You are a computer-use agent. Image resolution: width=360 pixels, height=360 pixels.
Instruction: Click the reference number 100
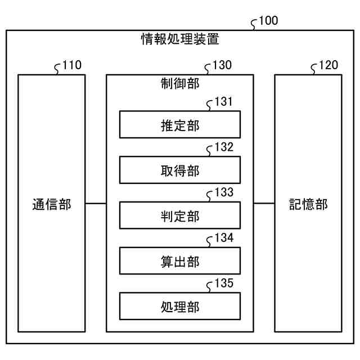click(x=268, y=21)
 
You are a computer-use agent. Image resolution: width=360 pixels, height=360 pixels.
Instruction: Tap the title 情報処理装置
click(x=179, y=39)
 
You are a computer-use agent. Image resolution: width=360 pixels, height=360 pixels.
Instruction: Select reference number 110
click(x=72, y=66)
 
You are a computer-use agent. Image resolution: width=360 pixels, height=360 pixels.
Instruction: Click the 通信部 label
click(x=52, y=204)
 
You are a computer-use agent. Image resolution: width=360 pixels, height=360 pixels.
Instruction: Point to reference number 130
click(x=222, y=66)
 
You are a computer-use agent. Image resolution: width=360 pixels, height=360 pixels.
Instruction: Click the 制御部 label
click(x=179, y=83)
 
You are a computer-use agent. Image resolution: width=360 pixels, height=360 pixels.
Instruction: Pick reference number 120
click(x=329, y=66)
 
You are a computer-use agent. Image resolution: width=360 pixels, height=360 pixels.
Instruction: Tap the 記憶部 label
click(x=308, y=204)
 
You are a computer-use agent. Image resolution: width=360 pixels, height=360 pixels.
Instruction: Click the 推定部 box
click(x=179, y=125)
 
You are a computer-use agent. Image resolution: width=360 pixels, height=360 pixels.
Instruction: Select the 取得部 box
click(x=179, y=170)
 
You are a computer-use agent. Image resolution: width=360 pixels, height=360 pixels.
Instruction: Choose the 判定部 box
click(x=179, y=216)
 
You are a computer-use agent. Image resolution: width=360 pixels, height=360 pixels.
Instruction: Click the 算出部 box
click(x=179, y=262)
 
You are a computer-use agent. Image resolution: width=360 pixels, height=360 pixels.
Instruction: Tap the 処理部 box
click(x=179, y=307)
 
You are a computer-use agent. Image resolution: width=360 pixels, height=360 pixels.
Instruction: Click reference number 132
click(x=224, y=148)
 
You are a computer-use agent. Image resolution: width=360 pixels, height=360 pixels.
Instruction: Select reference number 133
click(x=224, y=193)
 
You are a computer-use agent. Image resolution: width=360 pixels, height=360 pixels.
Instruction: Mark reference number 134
click(x=224, y=238)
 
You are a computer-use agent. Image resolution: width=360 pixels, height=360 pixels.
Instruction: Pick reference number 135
click(x=224, y=283)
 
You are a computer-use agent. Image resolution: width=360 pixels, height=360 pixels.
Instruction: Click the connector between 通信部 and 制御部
click(x=96, y=203)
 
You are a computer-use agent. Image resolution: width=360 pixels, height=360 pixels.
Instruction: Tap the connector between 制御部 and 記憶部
click(x=264, y=203)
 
